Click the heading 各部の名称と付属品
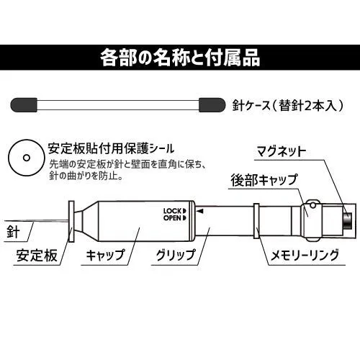point(180,58)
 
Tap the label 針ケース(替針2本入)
point(287,105)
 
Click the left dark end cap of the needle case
point(24,104)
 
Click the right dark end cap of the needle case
point(212,104)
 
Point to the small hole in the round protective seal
point(27,158)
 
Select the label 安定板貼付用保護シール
point(111,148)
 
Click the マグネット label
point(282,151)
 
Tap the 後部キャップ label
point(264,180)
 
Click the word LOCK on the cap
point(173,211)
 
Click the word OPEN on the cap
point(173,218)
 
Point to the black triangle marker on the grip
point(201,211)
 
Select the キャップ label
point(106,255)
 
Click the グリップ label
point(176,255)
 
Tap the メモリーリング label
point(305,255)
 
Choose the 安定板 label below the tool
point(37,255)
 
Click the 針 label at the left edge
point(13,232)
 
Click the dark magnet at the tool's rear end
point(347,220)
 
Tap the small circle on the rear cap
point(312,204)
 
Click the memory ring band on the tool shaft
point(256,221)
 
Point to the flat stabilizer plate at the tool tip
point(71,221)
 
